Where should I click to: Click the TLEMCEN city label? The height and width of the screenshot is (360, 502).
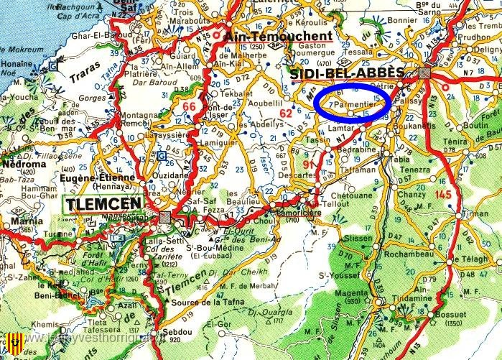[x=106, y=205]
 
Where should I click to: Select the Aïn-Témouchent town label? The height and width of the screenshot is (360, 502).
[x=279, y=36]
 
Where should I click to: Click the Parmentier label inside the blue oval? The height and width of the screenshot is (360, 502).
[x=353, y=104]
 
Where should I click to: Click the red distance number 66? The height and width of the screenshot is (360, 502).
[x=189, y=107]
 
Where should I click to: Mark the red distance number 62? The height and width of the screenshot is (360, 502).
[x=287, y=112]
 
